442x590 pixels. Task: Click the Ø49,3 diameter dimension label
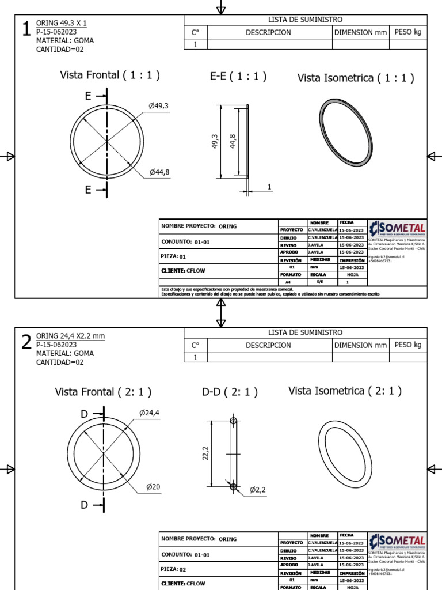158,106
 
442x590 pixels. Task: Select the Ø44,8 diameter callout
159,172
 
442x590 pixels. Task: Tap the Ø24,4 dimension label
148,413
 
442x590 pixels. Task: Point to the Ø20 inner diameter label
153,487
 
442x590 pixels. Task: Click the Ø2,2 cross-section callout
257,490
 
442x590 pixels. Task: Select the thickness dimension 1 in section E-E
269,186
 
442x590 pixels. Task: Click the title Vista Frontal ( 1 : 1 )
110,75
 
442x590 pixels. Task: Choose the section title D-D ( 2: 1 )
230,392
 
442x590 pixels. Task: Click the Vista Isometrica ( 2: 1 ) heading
344,391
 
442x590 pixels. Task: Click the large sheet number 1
26,30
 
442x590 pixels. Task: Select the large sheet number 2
26,342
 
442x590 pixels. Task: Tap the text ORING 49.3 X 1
61,23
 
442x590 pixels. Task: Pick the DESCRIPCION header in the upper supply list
268,32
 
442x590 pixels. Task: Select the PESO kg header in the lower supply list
408,345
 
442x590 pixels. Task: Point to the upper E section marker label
88,96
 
